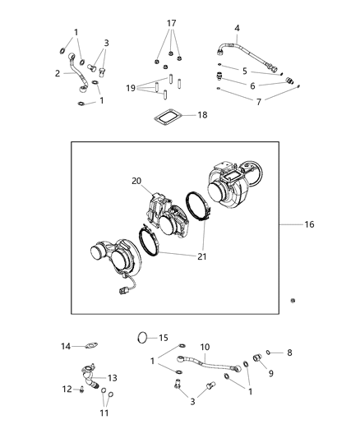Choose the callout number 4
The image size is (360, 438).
[x=237, y=29]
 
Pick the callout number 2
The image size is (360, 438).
[x=58, y=73]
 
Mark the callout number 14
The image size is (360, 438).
[x=67, y=346]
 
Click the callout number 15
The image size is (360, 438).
[x=163, y=337]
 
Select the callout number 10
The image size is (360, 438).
[x=205, y=347]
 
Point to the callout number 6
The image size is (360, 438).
[x=252, y=85]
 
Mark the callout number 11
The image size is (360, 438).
[x=104, y=414]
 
